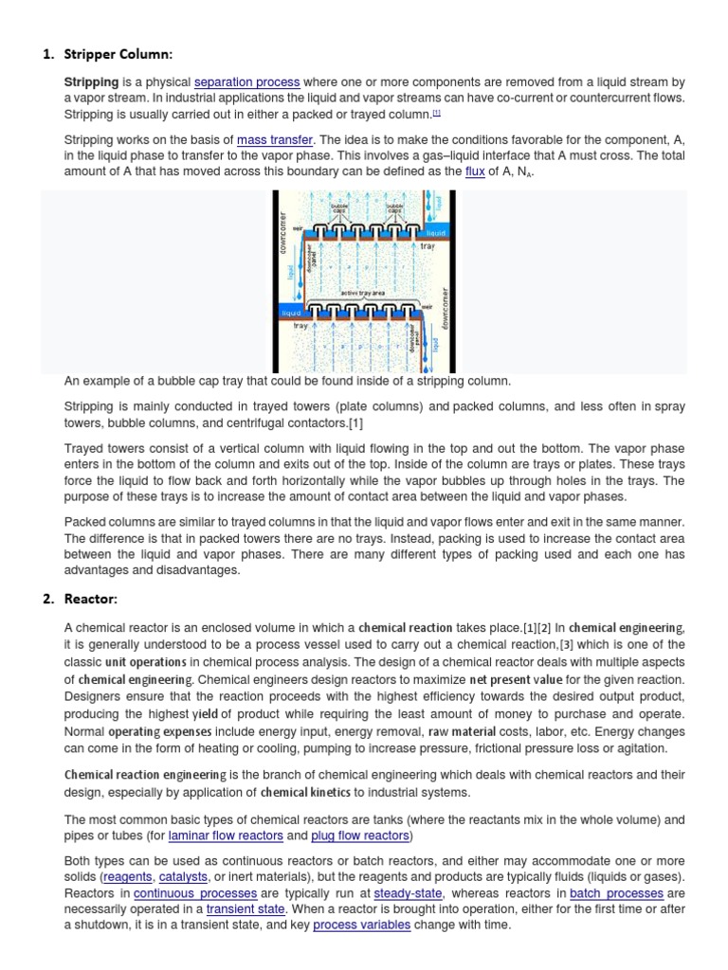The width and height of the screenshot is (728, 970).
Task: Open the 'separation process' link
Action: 246,82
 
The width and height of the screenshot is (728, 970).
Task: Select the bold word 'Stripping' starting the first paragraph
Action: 91,82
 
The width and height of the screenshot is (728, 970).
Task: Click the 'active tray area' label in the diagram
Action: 362,294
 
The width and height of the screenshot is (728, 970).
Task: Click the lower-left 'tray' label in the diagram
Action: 300,326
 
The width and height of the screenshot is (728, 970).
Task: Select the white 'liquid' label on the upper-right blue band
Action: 435,232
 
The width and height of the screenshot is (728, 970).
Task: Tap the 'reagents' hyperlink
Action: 127,877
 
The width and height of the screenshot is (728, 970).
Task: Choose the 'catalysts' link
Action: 183,877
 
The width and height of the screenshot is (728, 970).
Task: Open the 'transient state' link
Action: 246,908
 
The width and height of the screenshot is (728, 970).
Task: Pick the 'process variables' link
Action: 361,925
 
